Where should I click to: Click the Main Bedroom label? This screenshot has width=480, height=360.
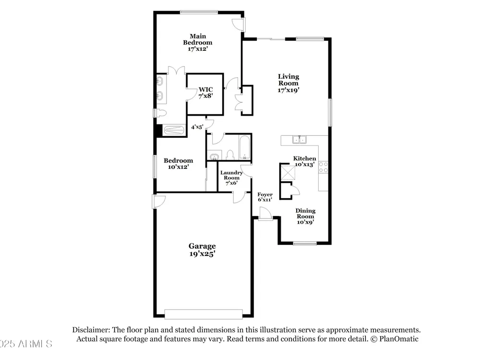tap(197, 43)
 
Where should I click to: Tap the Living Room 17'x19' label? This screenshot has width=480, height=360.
tap(288, 83)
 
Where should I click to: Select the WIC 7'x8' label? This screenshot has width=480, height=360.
tap(205, 93)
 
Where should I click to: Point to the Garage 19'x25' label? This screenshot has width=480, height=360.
tap(202, 250)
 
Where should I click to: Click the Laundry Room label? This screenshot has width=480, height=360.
tap(231, 175)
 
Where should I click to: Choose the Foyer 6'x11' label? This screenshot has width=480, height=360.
tap(265, 197)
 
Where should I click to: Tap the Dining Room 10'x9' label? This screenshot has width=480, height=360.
tap(305, 216)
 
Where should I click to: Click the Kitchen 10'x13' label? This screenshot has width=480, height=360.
tap(305, 161)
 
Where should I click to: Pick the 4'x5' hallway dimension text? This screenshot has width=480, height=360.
tap(197, 127)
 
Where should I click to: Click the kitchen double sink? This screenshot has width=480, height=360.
tap(300, 140)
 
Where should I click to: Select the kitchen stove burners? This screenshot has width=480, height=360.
tap(323, 167)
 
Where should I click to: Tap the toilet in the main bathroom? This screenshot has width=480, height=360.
tap(161, 113)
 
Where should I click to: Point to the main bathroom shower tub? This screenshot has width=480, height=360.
tap(174, 131)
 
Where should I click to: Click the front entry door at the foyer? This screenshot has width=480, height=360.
tap(265, 214)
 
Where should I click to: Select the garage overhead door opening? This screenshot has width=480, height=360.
tap(204, 314)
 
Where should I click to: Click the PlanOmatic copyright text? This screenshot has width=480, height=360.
tap(394, 339)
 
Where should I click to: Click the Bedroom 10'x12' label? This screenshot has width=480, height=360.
tap(178, 164)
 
